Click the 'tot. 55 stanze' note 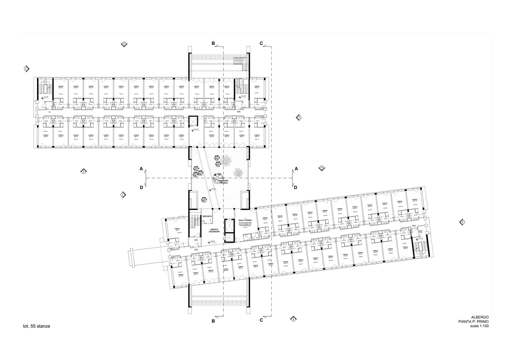(36, 326)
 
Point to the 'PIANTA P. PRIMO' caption (474, 322)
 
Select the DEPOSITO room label (207, 216)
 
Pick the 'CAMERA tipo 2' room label (177, 230)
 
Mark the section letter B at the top (213, 44)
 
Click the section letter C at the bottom (261, 320)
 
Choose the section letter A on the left (141, 169)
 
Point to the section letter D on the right (295, 188)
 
